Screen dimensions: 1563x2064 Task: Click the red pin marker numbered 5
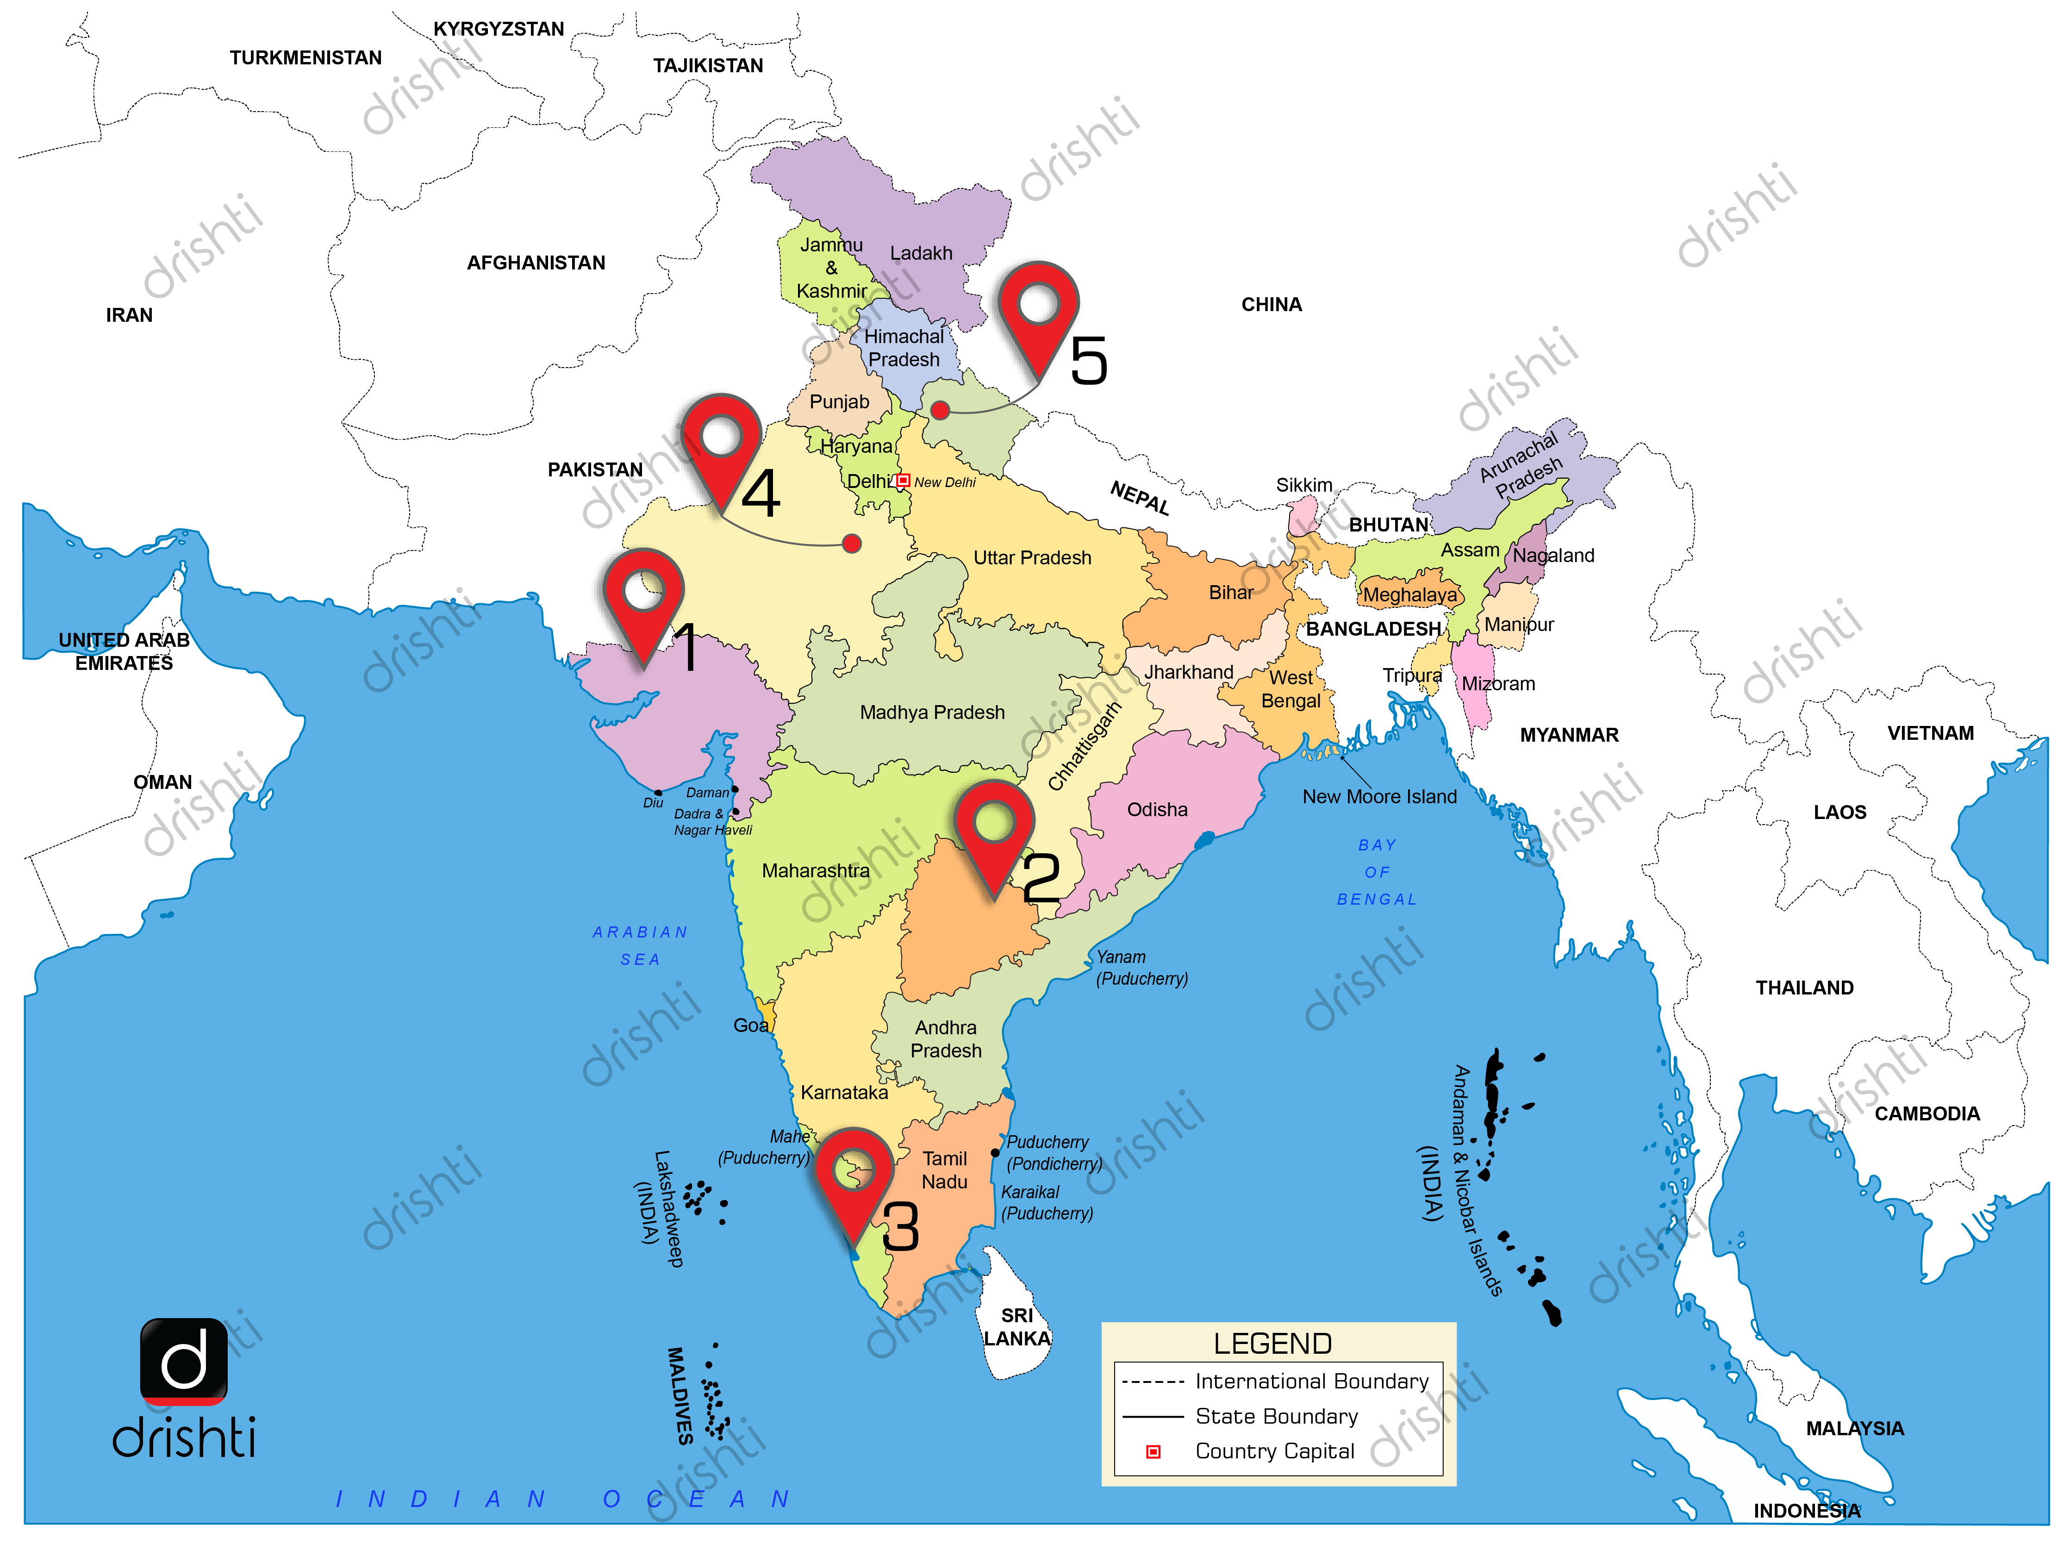[1038, 313]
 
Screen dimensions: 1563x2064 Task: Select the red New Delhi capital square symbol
[902, 481]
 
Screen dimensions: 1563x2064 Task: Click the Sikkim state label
[1303, 485]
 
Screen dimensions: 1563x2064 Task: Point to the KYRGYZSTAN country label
[498, 29]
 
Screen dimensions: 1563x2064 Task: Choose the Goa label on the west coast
[750, 1025]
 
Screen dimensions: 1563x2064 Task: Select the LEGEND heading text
[1272, 1344]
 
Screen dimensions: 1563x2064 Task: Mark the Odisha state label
[1157, 810]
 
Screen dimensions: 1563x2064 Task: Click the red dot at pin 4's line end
[851, 543]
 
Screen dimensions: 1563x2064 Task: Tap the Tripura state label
[1411, 675]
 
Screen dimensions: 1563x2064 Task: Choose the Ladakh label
[921, 253]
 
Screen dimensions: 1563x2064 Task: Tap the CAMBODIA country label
[1927, 1113]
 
